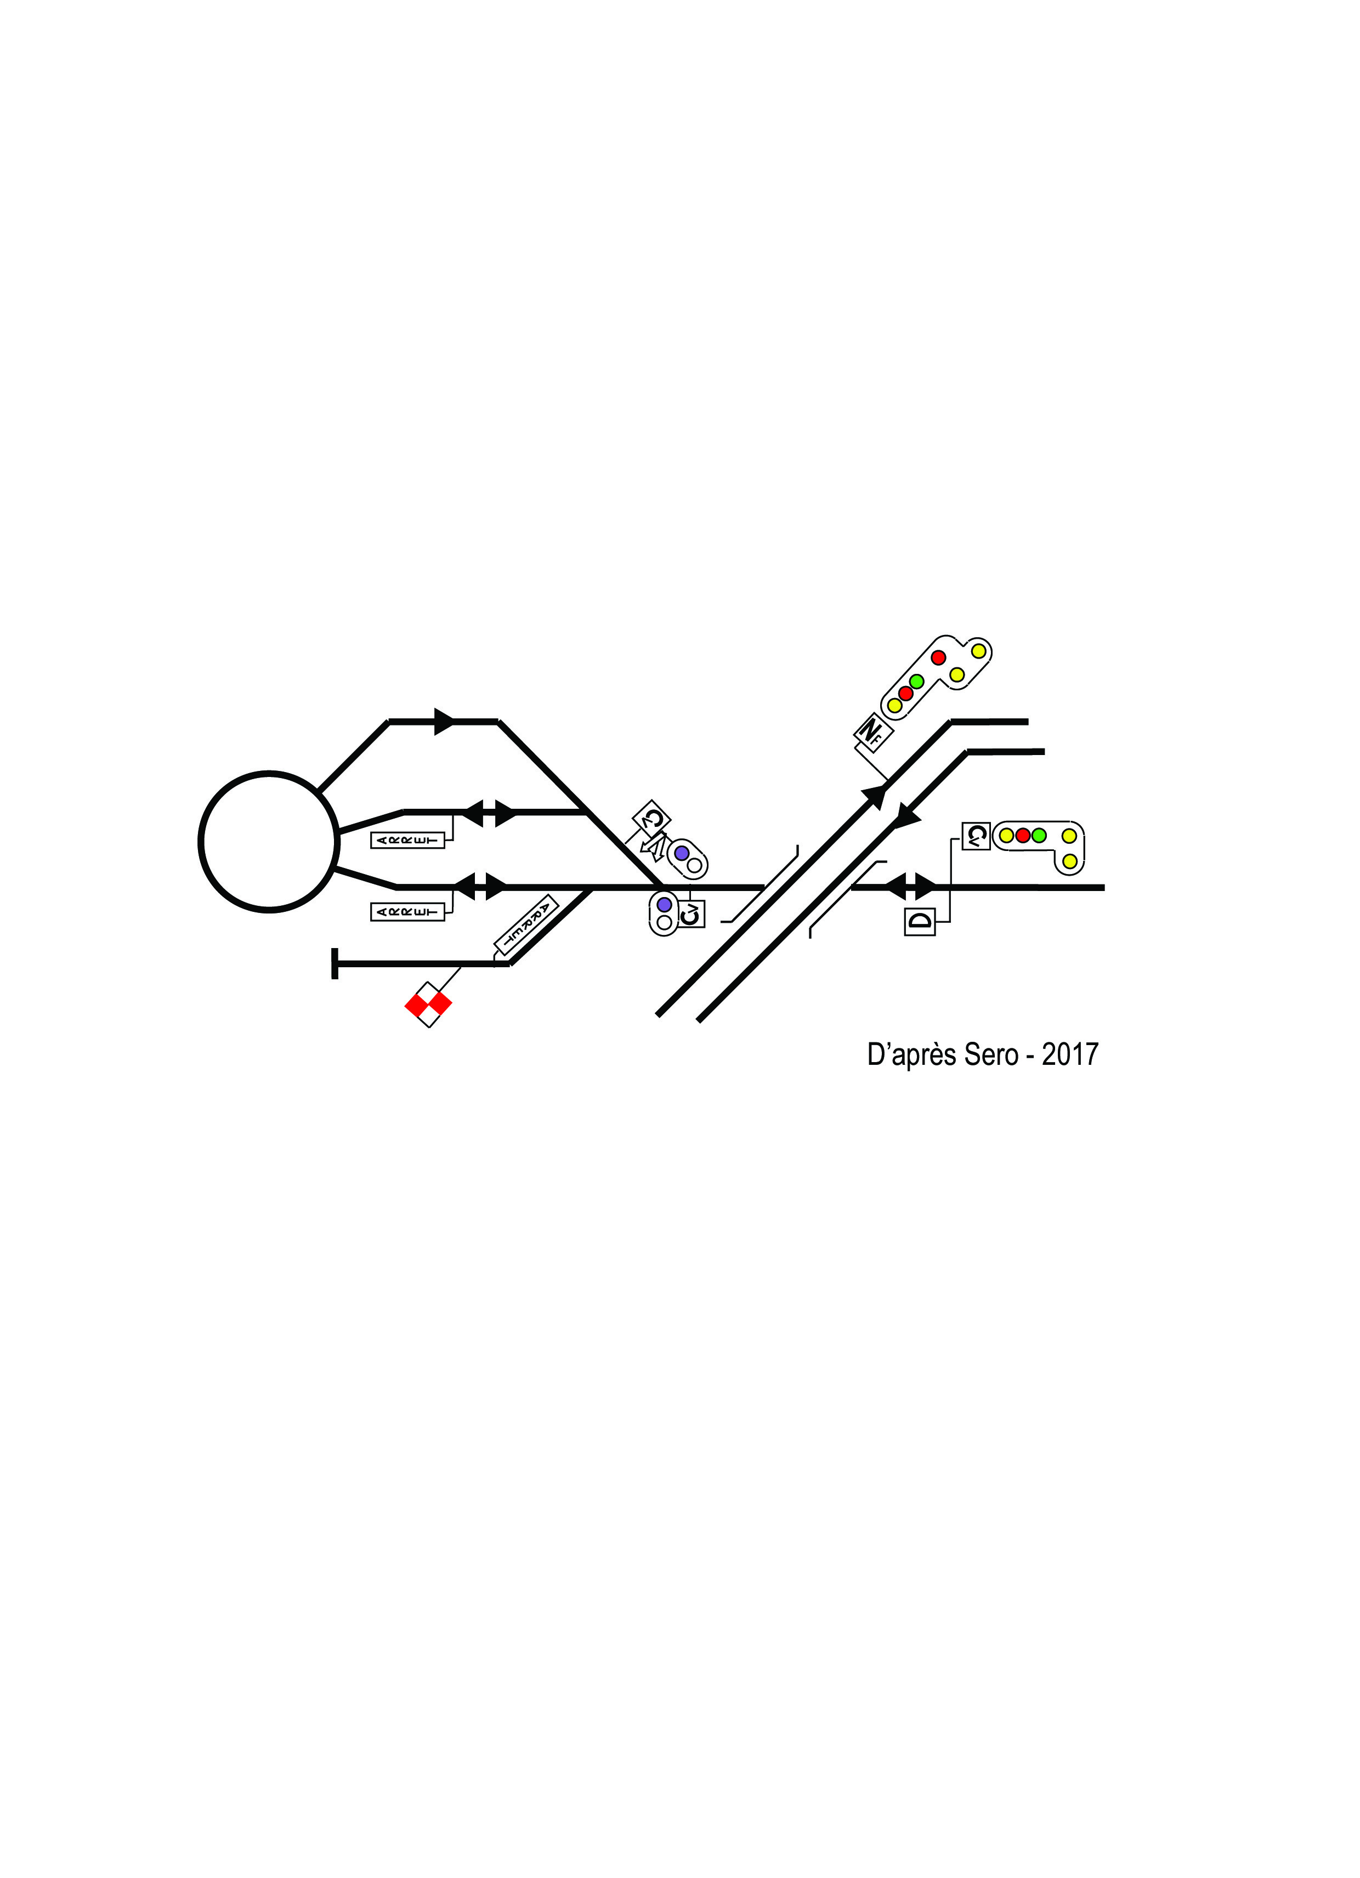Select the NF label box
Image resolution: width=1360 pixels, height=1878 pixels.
[870, 732]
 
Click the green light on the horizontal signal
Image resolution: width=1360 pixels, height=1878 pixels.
[1039, 836]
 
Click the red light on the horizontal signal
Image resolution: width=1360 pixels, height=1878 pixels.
[1023, 836]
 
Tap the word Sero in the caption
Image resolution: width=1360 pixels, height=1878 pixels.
[990, 1055]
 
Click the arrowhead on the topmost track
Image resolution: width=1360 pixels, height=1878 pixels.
[445, 721]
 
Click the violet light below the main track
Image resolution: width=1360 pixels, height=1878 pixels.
[664, 904]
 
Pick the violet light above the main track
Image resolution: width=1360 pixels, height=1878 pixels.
[682, 853]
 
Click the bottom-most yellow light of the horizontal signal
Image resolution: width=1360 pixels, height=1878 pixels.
[1069, 862]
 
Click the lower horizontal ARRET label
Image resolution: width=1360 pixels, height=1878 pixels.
[407, 912]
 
